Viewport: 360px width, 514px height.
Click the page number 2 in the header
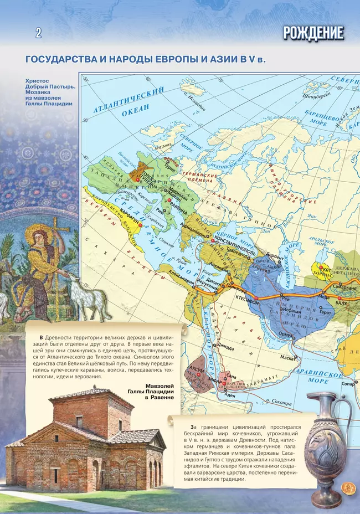point(38,33)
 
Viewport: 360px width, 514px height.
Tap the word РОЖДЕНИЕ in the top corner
point(313,33)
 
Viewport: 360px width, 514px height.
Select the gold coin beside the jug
point(348,487)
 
